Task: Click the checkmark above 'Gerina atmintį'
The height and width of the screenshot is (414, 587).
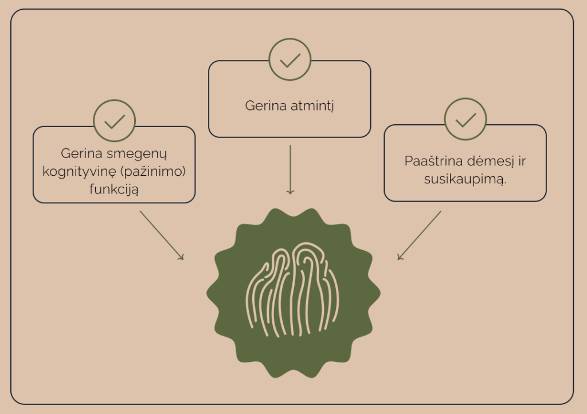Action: pos(289,60)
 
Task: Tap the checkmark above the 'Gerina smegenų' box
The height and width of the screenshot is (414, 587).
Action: pos(114,121)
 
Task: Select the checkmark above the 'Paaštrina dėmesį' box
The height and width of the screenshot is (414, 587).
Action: pos(465,120)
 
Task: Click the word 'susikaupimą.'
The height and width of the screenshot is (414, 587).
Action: pos(465,179)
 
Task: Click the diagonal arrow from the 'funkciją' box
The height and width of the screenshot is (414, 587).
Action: pos(162,235)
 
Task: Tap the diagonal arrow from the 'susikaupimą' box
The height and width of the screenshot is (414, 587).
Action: pos(420,235)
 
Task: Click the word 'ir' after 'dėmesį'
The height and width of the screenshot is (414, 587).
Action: pos(521,161)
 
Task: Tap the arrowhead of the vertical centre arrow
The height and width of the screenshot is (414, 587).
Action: pos(290,191)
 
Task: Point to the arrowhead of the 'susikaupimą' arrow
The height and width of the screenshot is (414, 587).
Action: pos(400,257)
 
